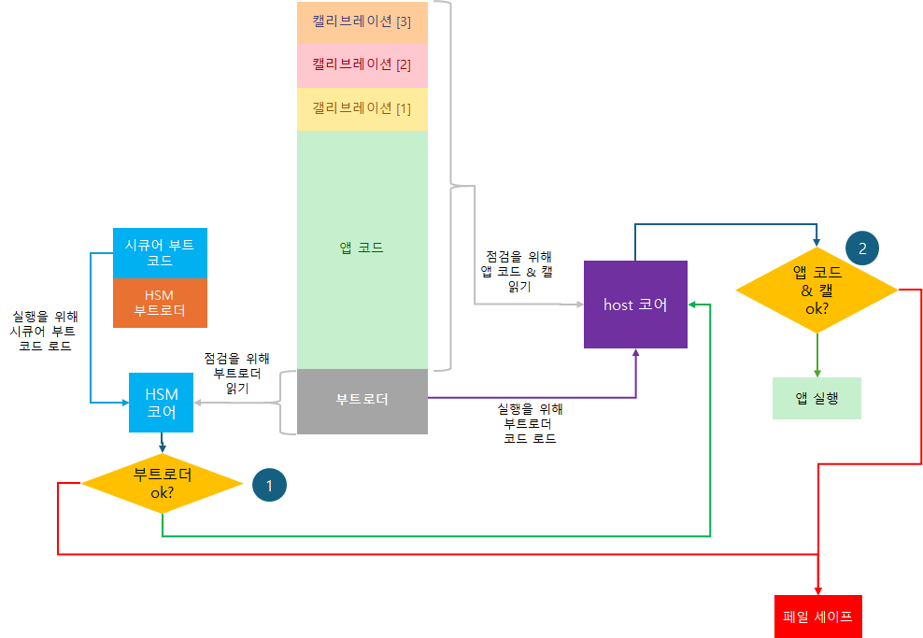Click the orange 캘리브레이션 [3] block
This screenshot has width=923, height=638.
click(x=362, y=22)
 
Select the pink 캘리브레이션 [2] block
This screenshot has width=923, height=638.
click(x=362, y=65)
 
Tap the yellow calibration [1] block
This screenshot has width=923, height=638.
click(x=362, y=108)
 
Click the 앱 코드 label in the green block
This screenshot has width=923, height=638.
click(x=362, y=248)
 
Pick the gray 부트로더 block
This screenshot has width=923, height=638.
click(x=362, y=400)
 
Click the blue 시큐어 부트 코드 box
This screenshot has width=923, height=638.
click(x=160, y=252)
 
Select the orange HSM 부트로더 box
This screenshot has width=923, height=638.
click(x=160, y=303)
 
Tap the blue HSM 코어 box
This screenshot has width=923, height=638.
click(x=162, y=402)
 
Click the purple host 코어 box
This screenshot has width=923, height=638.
click(x=635, y=305)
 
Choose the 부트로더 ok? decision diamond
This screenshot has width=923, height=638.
click(x=162, y=483)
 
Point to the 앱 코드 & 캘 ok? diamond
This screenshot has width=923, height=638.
click(x=817, y=290)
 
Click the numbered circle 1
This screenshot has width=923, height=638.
click(x=269, y=486)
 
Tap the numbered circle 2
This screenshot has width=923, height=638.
click(x=862, y=248)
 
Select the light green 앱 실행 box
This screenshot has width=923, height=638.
click(x=816, y=398)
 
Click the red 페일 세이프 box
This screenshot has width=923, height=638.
click(x=817, y=617)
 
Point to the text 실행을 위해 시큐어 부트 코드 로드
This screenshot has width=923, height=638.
click(x=44, y=331)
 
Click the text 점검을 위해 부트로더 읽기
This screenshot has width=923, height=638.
click(x=236, y=373)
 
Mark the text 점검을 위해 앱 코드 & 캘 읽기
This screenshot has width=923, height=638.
click(x=519, y=272)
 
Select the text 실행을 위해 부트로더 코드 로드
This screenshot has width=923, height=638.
click(x=530, y=423)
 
